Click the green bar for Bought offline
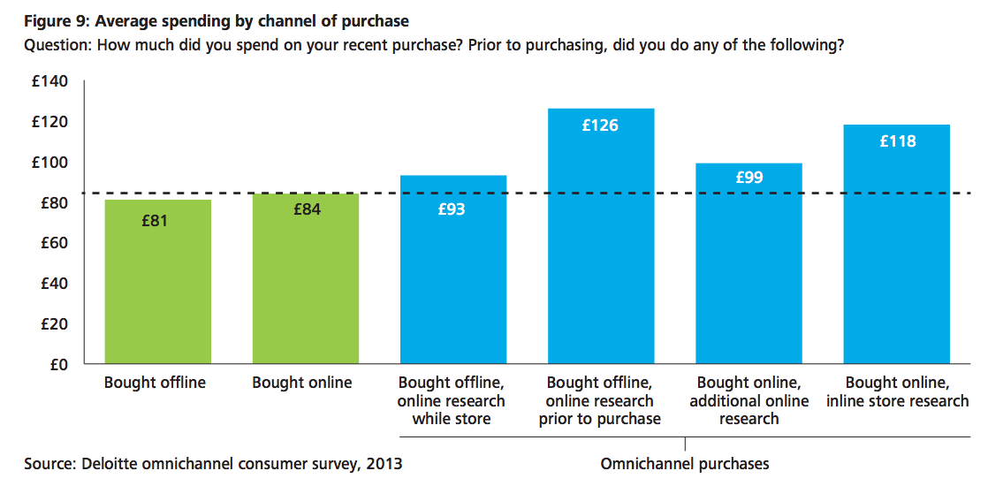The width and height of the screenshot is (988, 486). pos(157,281)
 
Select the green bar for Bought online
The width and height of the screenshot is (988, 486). pos(305,278)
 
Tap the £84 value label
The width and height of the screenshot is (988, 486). pos(307,210)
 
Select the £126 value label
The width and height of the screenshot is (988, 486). pos(600,125)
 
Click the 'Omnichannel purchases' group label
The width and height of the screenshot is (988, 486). pos(685,464)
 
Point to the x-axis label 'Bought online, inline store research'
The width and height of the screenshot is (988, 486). pos(897,392)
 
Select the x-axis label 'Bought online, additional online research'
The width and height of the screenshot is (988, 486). pos(749,401)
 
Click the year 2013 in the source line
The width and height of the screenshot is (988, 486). pos(385,464)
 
